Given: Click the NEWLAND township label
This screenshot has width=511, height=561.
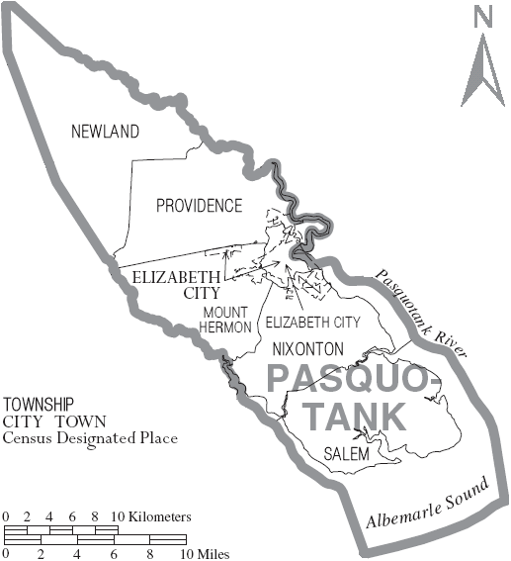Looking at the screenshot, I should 105,132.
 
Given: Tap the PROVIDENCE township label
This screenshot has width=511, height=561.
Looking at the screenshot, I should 199,206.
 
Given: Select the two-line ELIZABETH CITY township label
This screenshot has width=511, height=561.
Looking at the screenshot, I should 174,286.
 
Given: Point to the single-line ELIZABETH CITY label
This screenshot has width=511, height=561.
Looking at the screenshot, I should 311,323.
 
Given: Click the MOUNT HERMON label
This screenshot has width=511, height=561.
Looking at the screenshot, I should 227,320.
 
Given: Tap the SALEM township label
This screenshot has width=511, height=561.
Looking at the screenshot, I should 346,454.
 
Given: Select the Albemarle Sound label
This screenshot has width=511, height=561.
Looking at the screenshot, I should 428,505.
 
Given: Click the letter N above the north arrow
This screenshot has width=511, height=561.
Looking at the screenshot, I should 482,17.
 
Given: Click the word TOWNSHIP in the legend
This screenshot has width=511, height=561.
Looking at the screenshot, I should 39,405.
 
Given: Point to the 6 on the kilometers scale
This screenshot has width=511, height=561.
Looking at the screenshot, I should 74,516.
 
